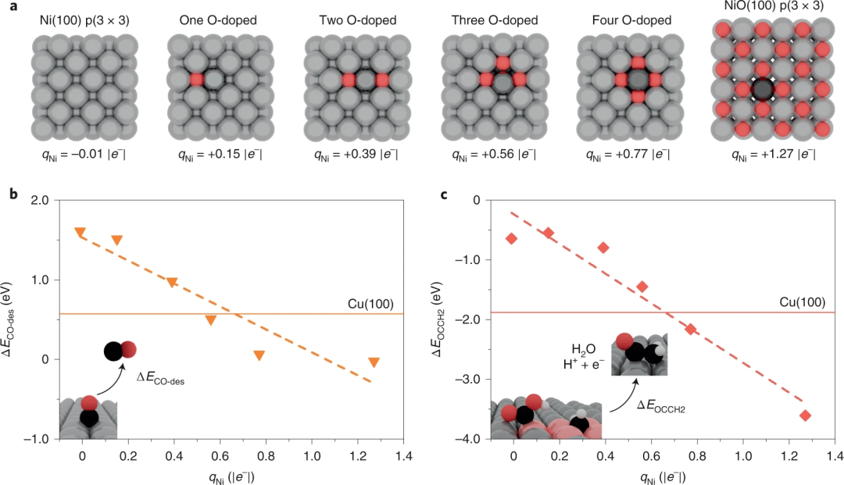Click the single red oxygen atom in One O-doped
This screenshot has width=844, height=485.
[195, 80]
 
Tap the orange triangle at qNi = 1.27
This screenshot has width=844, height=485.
[374, 362]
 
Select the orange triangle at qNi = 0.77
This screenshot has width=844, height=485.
[259, 356]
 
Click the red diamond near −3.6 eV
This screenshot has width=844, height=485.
[806, 415]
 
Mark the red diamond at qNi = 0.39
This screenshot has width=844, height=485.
[603, 248]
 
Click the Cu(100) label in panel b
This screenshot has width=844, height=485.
[384, 303]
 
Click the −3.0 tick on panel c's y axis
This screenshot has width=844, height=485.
[472, 380]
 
